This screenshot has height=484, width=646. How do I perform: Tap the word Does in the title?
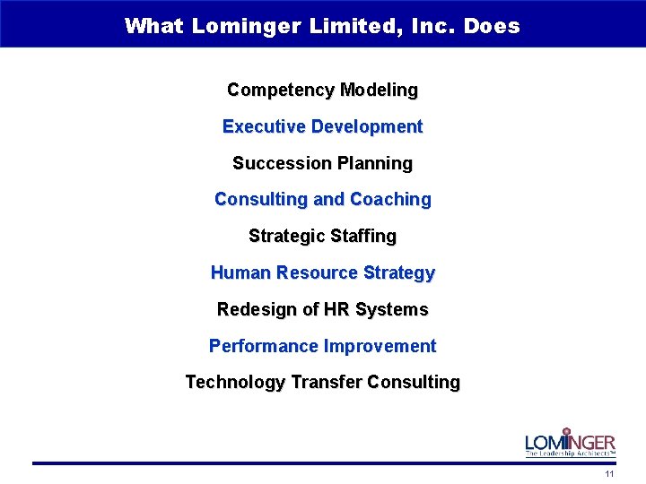pos(493,25)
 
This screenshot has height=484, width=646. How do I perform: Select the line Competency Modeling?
pos(322,91)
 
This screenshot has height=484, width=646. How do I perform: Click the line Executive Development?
pos(322,127)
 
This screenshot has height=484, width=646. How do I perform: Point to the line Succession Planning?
pos(322,163)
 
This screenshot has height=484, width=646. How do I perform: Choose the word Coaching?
pos(390,200)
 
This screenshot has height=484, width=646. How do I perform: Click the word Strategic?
pos(286,237)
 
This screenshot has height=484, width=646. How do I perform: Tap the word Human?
pos(240,272)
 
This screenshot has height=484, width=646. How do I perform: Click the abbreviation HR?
pos(336,309)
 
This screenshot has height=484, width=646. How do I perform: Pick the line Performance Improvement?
pos(322,346)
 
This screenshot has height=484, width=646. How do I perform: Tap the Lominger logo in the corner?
pos(571,442)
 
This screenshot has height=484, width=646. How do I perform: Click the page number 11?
pos(610,474)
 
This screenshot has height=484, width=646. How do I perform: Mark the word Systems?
pos(391,309)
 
